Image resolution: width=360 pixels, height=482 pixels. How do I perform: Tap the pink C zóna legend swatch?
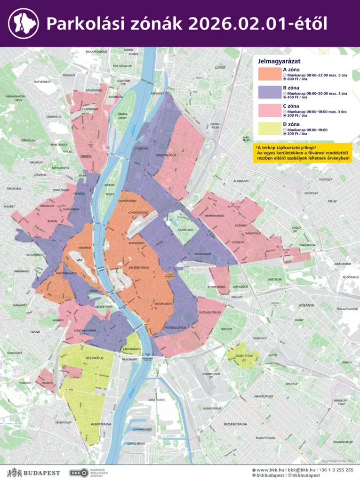pos(270,110)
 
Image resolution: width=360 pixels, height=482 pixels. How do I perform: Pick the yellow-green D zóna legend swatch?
pos(270,128)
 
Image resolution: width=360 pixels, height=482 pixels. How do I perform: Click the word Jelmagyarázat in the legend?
pos(280,61)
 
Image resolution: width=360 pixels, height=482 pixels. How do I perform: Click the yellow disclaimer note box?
pos(302,153)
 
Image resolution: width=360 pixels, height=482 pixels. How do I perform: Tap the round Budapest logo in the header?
pos(24,24)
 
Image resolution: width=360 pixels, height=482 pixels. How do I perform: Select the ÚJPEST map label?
pos(220,67)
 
